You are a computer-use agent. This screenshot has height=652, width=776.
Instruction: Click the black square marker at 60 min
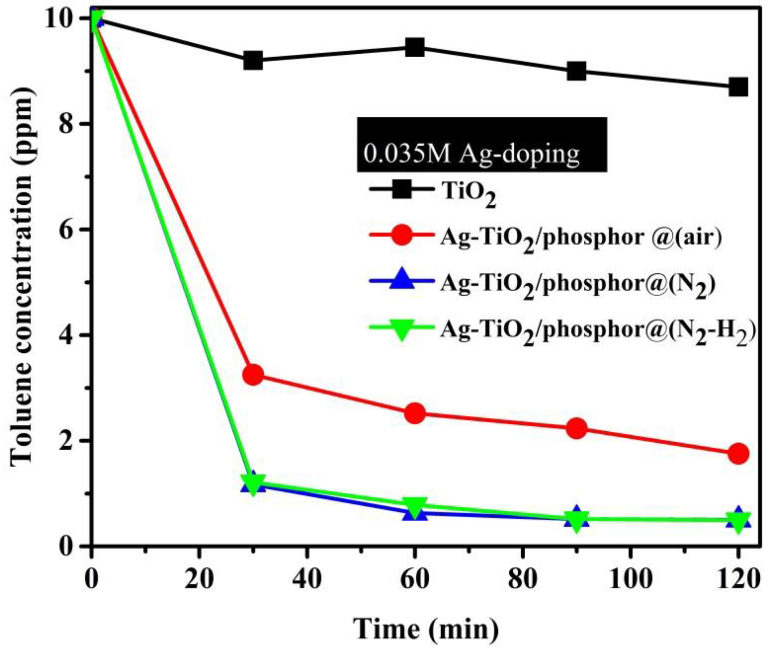click(414, 47)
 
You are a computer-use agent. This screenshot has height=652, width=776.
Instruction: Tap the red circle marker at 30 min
click(253, 375)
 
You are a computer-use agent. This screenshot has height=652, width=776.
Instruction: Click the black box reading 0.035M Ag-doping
click(482, 145)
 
